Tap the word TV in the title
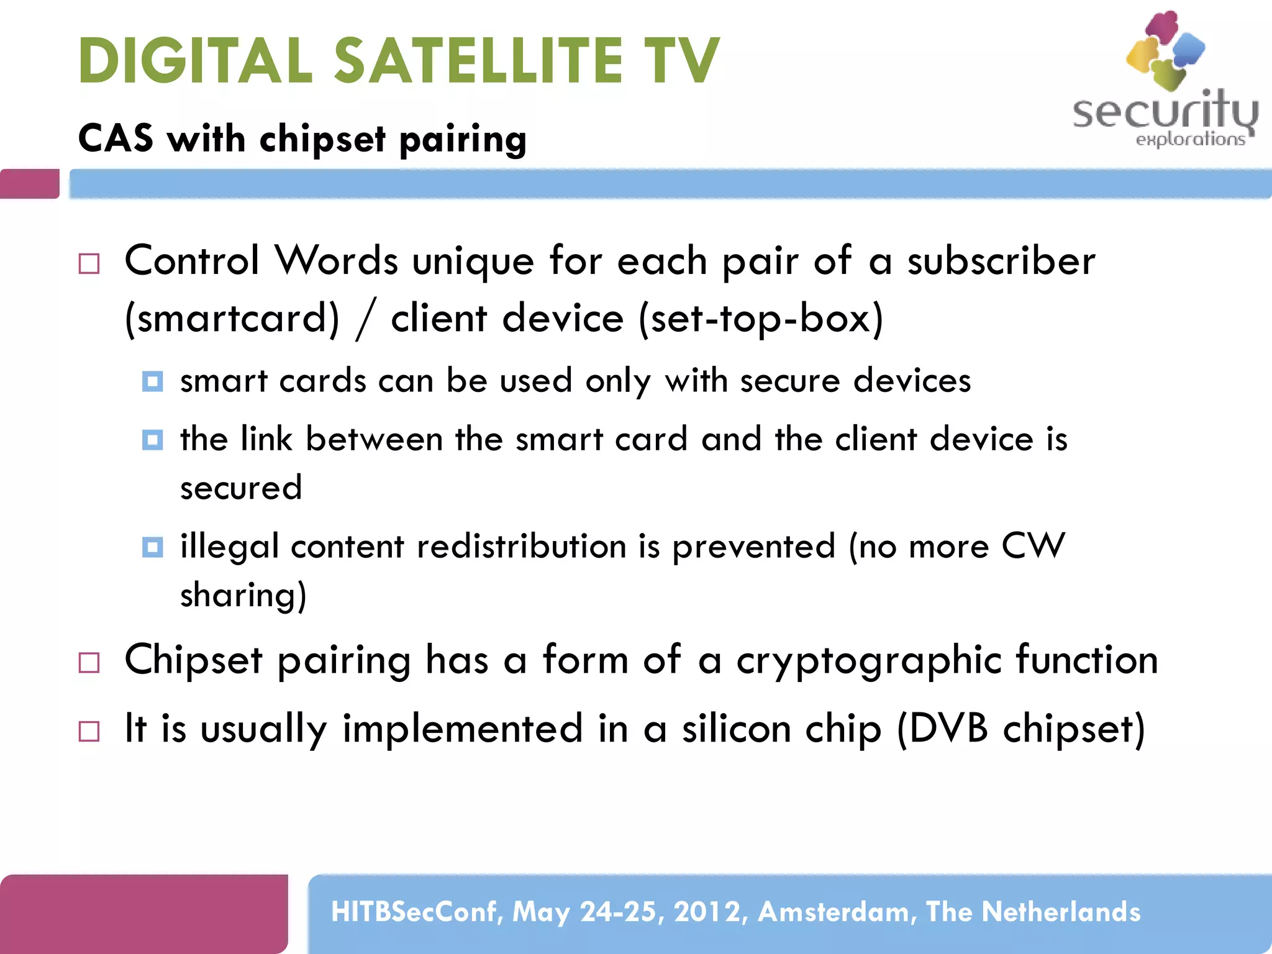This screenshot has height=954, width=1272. point(681,60)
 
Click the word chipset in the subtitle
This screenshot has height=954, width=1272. point(322,139)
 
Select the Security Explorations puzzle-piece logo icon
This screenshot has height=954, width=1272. point(1165,50)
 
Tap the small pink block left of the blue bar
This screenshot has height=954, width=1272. point(30,184)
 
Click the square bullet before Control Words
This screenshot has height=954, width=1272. point(89,264)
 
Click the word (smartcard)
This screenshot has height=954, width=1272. point(232,319)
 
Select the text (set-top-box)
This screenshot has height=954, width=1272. point(761,319)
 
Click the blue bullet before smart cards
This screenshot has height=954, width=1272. point(152,381)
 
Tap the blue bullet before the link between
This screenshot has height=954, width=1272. point(152,440)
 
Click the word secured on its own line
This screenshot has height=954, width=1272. point(241,488)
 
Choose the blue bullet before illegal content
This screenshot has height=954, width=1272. point(152,547)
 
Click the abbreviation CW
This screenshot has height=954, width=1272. point(1033,547)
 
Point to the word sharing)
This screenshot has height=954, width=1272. point(243,595)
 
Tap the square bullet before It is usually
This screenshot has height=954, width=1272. point(89,731)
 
